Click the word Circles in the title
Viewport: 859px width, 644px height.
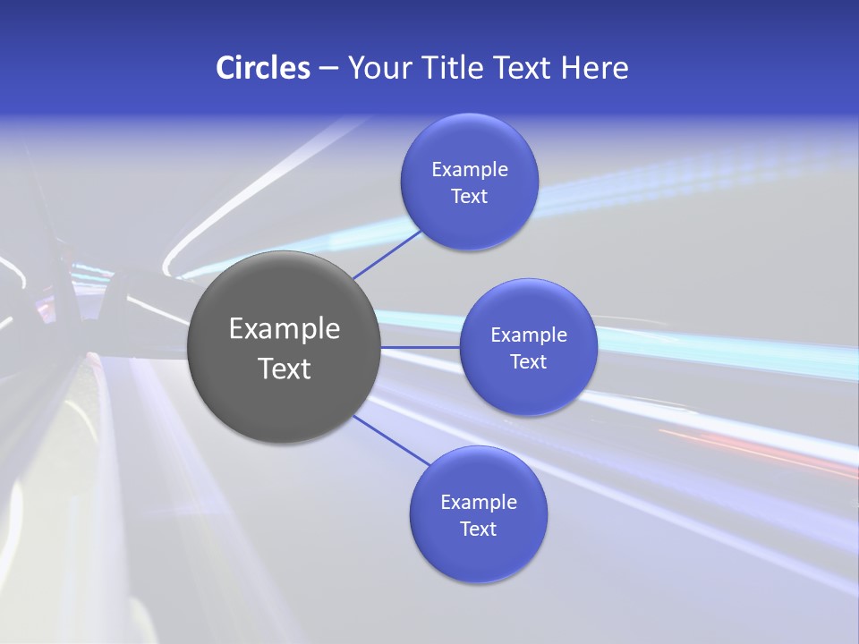(x=263, y=68)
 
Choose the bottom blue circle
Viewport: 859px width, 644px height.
(x=479, y=555)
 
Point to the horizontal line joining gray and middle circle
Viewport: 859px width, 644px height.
(x=421, y=347)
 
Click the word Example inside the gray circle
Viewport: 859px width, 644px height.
(x=285, y=329)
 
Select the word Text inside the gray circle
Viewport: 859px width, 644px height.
(x=285, y=369)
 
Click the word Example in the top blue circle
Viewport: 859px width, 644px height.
(x=470, y=169)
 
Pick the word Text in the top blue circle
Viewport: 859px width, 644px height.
(x=470, y=196)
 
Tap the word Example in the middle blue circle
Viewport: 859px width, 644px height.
(x=529, y=335)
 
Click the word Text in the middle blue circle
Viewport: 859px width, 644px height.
(x=529, y=361)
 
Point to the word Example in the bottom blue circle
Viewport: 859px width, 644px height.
(x=479, y=502)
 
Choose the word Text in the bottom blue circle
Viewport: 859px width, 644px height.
(x=479, y=529)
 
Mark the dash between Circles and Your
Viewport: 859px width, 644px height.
(x=328, y=68)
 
